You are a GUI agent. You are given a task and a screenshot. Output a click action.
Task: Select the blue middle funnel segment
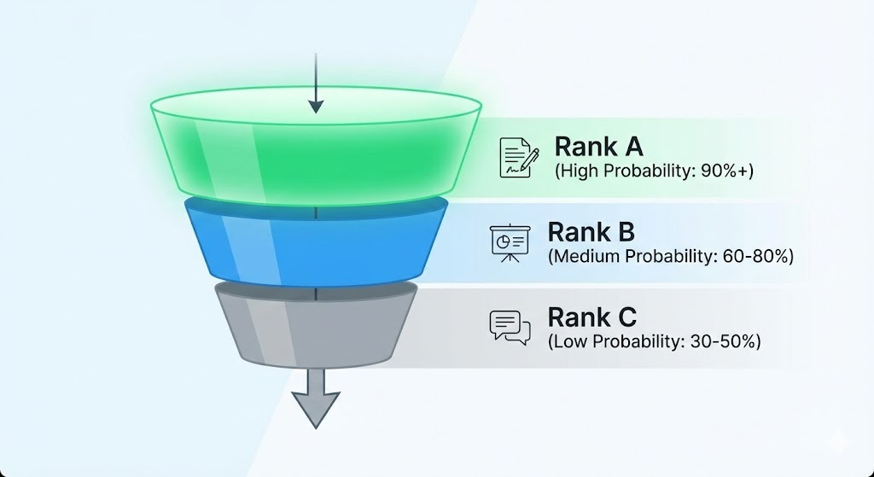(316, 243)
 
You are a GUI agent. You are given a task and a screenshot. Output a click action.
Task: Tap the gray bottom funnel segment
(316, 329)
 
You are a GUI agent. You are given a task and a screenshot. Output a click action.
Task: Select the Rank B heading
(591, 232)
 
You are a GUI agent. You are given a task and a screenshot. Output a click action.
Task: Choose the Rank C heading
(591, 317)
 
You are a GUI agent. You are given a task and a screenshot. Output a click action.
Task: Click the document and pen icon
(519, 157)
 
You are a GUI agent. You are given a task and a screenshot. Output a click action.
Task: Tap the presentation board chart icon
(509, 242)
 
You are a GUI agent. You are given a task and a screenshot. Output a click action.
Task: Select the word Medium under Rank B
(586, 255)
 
